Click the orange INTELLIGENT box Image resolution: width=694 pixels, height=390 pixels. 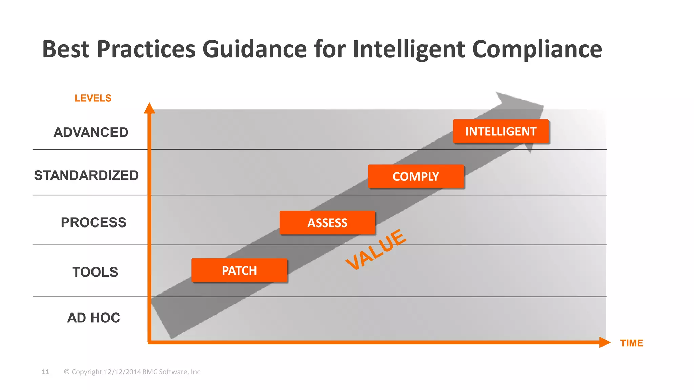[x=501, y=131]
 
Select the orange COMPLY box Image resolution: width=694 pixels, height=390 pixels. [x=416, y=176]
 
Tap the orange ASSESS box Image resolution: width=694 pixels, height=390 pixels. [x=327, y=223]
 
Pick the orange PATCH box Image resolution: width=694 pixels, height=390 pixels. [x=239, y=270]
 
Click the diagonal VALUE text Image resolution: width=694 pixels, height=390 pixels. [x=376, y=250]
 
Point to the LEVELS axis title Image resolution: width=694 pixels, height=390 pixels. [x=93, y=98]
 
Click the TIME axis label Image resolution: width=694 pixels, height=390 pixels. [x=631, y=343]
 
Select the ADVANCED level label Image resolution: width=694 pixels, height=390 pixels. [x=91, y=132]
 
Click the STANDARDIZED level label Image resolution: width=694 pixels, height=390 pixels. [x=86, y=175]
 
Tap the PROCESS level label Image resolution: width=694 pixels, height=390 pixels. [x=94, y=222]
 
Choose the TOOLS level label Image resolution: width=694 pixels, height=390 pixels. [x=95, y=272]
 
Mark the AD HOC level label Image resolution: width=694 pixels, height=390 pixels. [x=94, y=318]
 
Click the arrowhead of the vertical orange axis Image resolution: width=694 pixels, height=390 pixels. [x=149, y=108]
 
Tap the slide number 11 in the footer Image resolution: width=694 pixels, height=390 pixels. [x=45, y=372]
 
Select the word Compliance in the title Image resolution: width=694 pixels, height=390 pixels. [x=537, y=49]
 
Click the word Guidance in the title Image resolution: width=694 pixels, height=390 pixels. [x=254, y=49]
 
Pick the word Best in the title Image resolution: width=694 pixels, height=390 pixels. [x=66, y=49]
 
